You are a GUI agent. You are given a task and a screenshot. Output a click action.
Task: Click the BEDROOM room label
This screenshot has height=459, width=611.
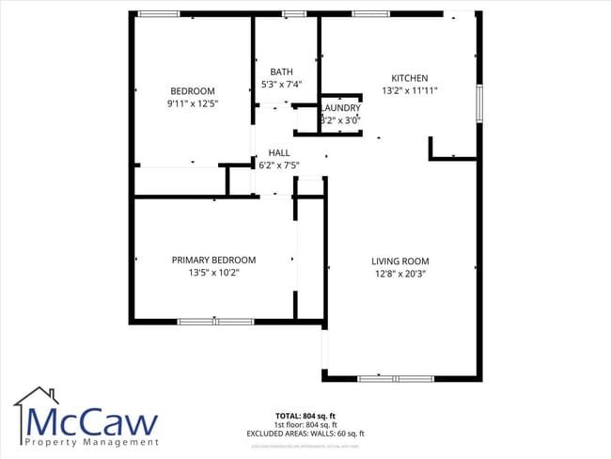click(192, 90)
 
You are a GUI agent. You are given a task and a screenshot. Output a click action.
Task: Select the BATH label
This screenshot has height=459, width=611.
click(281, 71)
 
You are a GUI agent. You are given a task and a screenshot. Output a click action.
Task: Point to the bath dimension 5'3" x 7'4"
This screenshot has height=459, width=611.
click(281, 85)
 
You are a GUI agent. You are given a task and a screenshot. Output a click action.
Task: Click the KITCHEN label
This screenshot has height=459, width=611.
click(410, 78)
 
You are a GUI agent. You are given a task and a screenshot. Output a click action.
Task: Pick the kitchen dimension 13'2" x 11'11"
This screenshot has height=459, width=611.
click(410, 90)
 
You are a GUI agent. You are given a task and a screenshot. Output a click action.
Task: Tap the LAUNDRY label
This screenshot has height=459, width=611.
click(340, 108)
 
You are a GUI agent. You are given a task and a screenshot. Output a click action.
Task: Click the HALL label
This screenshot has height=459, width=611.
click(279, 152)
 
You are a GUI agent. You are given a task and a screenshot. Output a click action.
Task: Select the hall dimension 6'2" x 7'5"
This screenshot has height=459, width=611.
click(279, 166)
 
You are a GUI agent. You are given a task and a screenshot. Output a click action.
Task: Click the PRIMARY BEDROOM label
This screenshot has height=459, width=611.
click(213, 260)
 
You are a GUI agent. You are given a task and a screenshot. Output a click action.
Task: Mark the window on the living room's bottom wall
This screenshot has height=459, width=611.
click(395, 378)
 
